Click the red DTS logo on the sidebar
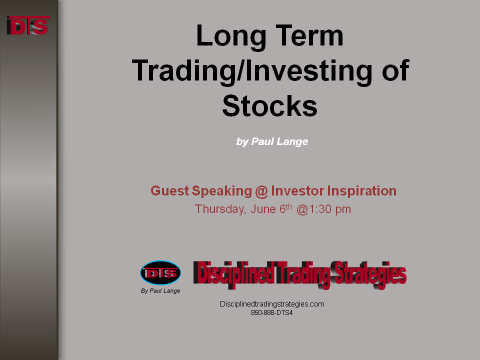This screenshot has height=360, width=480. click(x=28, y=25)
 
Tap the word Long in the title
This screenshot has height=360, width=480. click(x=231, y=36)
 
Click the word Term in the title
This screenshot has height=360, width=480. click(x=309, y=35)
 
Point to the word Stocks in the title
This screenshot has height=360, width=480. click(x=269, y=106)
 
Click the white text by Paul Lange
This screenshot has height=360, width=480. click(x=272, y=141)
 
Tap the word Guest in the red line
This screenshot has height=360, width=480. click(x=169, y=190)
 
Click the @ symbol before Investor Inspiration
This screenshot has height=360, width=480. click(x=261, y=191)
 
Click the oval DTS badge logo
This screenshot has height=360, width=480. click(x=160, y=273)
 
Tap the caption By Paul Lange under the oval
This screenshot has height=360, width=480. click(x=160, y=291)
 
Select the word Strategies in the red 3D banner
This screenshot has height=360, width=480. click(x=370, y=274)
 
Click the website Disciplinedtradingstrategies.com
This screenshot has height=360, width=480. click(x=272, y=304)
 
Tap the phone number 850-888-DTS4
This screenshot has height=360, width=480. click(x=272, y=313)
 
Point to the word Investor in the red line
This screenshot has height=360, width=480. click(x=297, y=190)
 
